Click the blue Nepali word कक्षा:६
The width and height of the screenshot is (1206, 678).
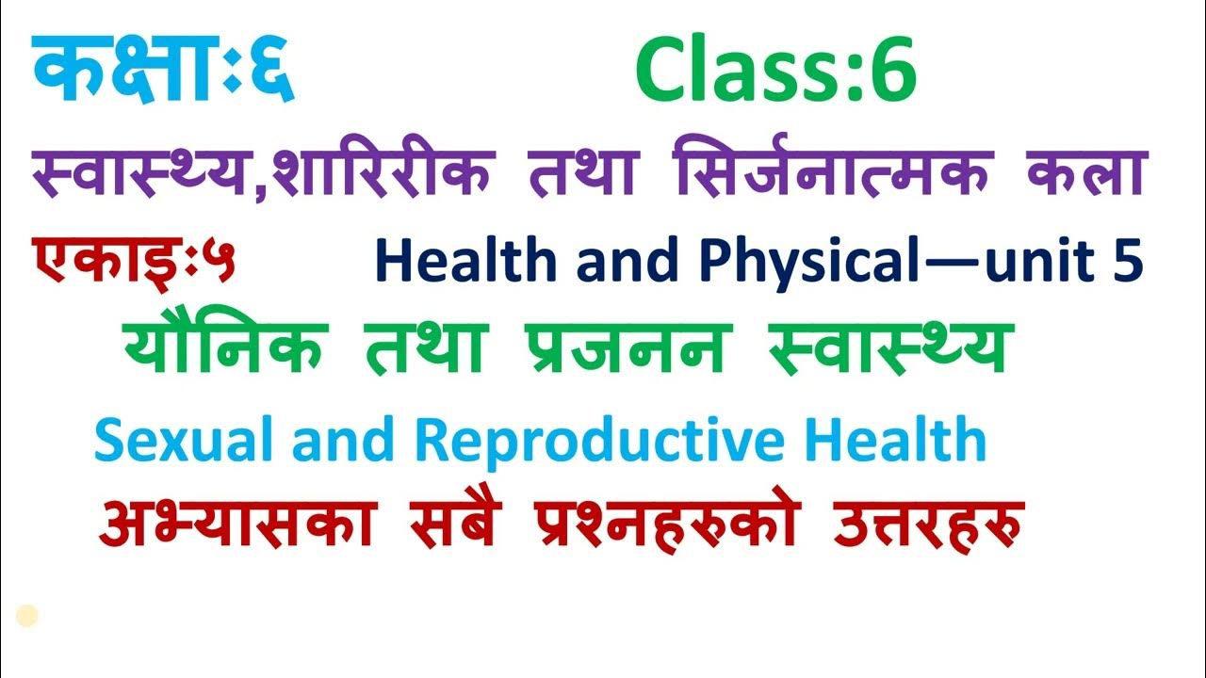tap(162, 71)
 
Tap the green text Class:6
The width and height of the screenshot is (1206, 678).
tap(775, 73)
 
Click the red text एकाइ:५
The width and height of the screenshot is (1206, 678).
tap(135, 261)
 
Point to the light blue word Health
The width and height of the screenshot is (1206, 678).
tap(888, 439)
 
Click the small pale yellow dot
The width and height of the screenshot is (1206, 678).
tap(27, 617)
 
